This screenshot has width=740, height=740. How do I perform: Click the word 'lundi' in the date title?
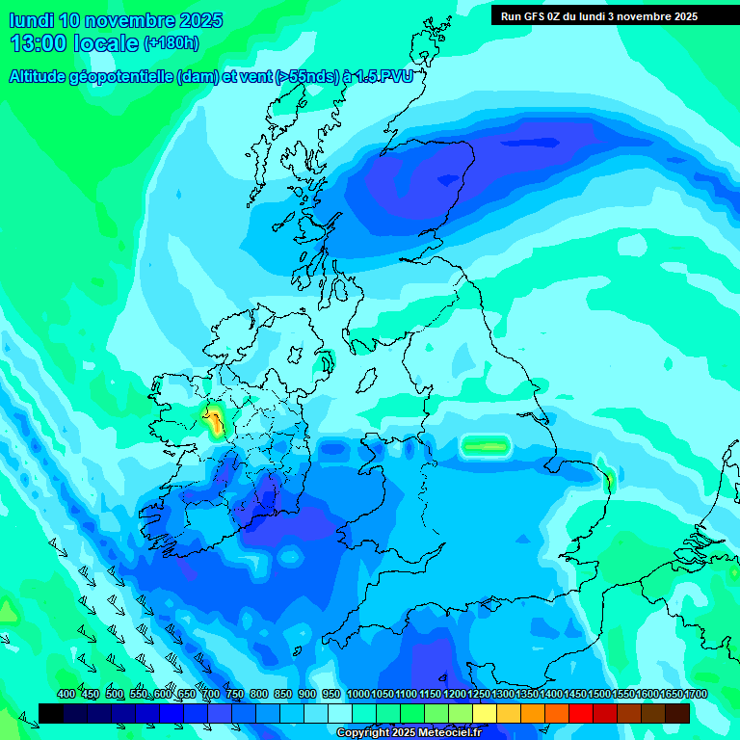pos(31,20)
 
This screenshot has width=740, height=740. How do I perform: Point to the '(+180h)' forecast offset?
pos(172,43)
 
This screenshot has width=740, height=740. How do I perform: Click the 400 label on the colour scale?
pos(66,694)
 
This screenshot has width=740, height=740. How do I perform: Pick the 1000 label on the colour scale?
pos(358,694)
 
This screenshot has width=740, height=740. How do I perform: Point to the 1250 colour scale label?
pos(479,694)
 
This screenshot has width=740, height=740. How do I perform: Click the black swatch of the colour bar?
pos(51,713)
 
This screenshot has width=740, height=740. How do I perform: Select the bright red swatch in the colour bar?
pos(581,713)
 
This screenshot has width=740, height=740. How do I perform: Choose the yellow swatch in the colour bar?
pos(485,713)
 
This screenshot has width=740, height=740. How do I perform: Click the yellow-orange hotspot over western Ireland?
pos(214,420)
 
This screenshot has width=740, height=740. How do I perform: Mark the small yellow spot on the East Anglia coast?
pos(608,478)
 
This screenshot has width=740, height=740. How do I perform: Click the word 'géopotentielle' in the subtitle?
pos(123,77)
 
